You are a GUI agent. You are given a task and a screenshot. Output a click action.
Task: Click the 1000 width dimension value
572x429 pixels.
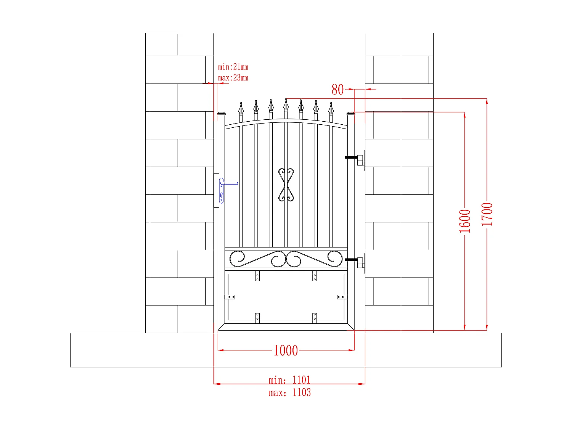(x=286, y=350)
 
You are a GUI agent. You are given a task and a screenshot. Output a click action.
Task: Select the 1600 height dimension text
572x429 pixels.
(x=464, y=221)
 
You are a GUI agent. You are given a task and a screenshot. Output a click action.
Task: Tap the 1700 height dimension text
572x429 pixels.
(x=487, y=214)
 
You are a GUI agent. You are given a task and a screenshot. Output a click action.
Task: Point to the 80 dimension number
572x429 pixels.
(x=337, y=90)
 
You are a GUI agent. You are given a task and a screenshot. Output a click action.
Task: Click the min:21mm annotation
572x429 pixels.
(x=233, y=67)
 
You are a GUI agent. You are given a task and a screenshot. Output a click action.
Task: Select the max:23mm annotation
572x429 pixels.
(x=233, y=78)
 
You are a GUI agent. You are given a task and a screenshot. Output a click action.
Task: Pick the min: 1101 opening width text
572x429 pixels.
(x=289, y=380)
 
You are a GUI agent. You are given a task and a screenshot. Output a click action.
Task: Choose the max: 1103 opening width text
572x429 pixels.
(x=289, y=392)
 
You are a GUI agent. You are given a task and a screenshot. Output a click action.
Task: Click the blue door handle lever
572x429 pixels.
(x=230, y=183)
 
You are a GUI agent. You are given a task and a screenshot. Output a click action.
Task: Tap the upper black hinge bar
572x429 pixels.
(x=351, y=157)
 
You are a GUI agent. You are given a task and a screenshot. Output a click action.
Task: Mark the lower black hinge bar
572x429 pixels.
(x=351, y=260)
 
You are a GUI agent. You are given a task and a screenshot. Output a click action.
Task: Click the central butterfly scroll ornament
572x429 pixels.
(x=286, y=185)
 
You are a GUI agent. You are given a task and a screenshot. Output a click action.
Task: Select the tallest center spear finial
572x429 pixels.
(x=286, y=105)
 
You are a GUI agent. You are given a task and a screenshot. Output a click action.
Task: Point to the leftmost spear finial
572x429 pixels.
(x=241, y=109)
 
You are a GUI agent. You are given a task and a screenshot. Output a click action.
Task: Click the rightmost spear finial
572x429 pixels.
(x=331, y=109)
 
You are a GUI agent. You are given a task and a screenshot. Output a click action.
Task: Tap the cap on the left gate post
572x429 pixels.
(x=221, y=114)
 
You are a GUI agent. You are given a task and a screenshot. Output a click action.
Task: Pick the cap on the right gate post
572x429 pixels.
(x=351, y=114)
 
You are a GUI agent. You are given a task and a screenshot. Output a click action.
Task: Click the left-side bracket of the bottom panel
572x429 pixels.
(x=230, y=297)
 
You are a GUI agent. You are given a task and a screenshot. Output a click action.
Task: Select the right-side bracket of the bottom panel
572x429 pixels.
(x=342, y=297)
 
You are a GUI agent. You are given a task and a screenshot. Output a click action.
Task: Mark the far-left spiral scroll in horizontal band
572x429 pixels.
(x=237, y=259)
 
